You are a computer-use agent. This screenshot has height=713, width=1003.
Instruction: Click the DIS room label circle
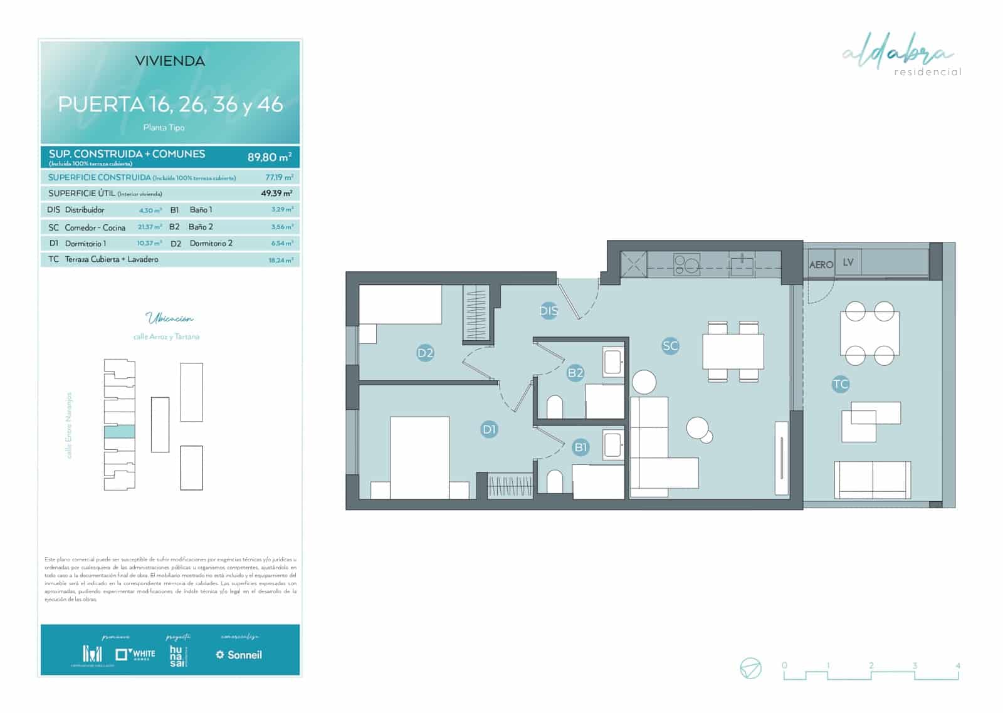(549, 311)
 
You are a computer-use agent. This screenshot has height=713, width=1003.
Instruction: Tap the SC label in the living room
(670, 345)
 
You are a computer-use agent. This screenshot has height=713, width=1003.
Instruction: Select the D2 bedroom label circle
(425, 353)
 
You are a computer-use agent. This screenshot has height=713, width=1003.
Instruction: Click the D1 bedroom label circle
(489, 429)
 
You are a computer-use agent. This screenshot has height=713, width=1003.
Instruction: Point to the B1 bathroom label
(580, 447)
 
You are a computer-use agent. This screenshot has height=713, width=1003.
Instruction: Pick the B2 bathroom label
(575, 373)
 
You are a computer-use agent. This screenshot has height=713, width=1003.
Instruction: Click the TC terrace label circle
(840, 384)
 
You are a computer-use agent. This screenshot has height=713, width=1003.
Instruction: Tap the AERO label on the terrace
(821, 264)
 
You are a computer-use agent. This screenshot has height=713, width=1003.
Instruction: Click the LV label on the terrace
(848, 262)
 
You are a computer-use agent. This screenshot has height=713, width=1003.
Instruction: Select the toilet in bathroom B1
(554, 481)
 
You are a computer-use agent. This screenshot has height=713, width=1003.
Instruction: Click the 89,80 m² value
(269, 157)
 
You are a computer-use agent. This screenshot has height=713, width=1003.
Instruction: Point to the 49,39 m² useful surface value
(276, 193)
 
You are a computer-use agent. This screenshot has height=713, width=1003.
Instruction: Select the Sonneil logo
(239, 655)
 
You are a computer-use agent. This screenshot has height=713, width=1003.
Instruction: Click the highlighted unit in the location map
(119, 431)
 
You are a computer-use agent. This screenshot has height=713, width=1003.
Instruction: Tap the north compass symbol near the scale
(750, 668)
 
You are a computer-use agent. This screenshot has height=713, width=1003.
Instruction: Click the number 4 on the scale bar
(957, 665)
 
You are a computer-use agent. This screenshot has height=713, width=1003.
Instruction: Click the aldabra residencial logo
(901, 57)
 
